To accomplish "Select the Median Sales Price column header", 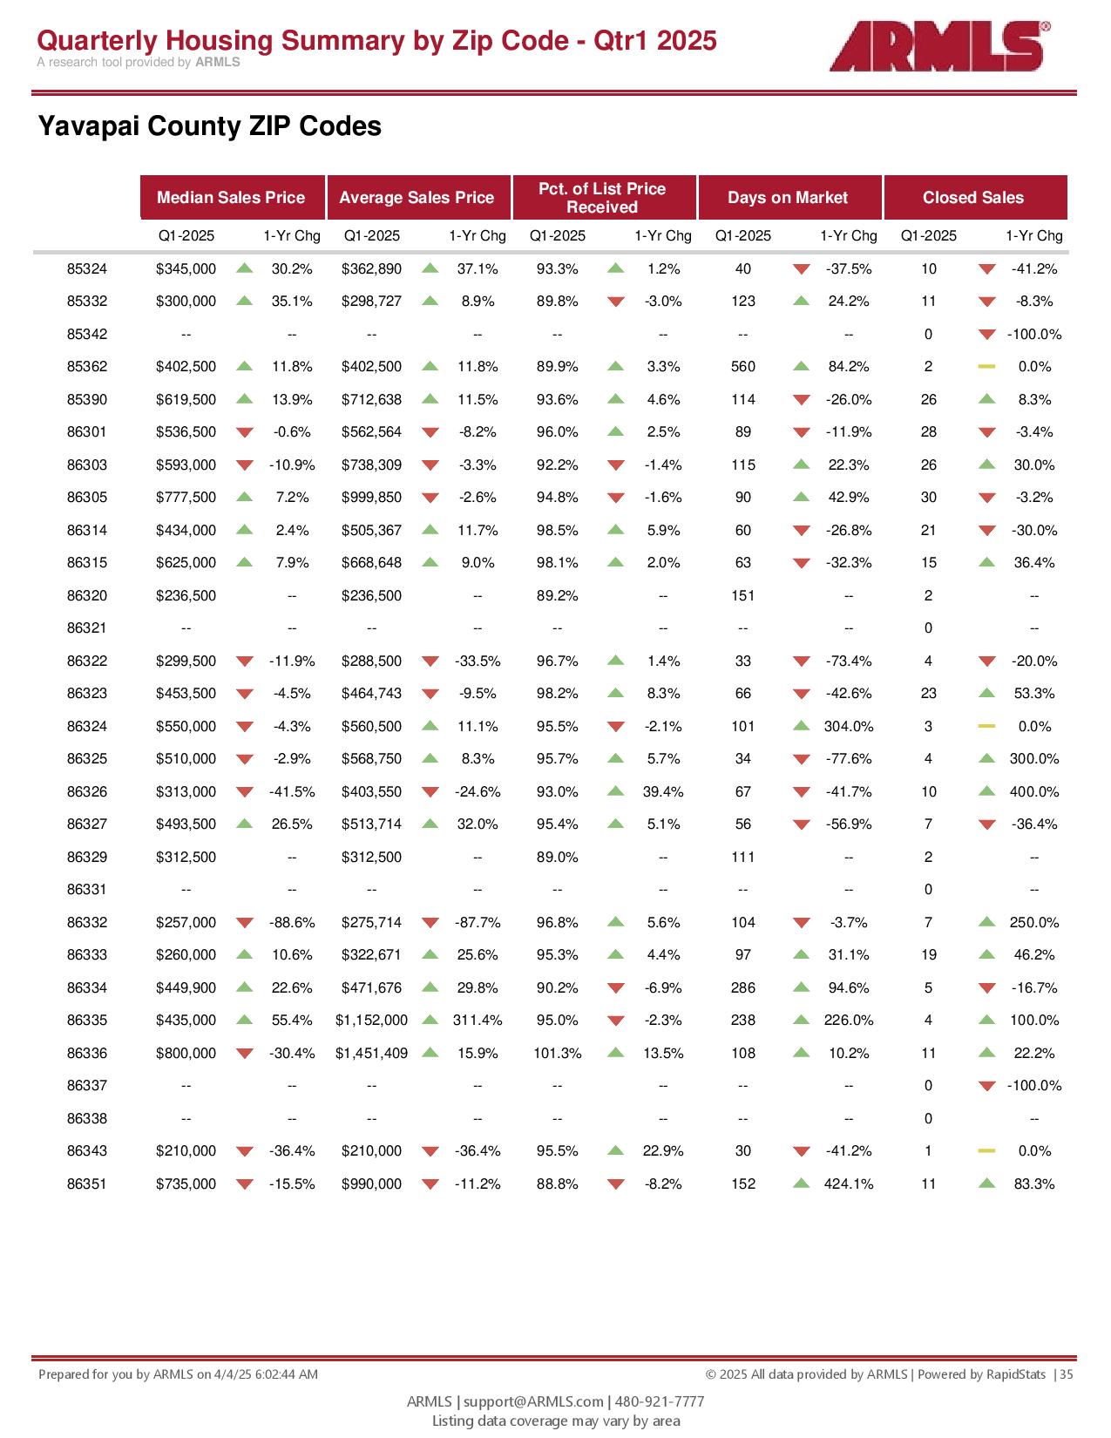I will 232,198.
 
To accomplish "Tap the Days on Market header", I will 788,198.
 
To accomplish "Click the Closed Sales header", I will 973,198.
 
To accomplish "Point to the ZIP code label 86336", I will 87,1053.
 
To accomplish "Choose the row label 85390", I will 87,400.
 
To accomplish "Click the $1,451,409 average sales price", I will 371,1053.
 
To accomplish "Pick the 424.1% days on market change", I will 849,1184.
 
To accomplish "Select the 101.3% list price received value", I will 557,1053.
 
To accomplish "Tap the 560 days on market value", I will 743,367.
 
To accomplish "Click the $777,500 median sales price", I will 186,498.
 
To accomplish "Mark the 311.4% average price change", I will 478,1021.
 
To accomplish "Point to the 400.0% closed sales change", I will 1034,791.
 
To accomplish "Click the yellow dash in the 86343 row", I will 986,1151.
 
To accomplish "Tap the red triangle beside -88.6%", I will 245,923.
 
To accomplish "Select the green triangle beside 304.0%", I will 802,726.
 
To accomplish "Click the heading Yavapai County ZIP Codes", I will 210,126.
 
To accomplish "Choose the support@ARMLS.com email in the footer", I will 532,1401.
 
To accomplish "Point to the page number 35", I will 1067,1374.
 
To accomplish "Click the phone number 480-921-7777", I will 660,1401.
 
